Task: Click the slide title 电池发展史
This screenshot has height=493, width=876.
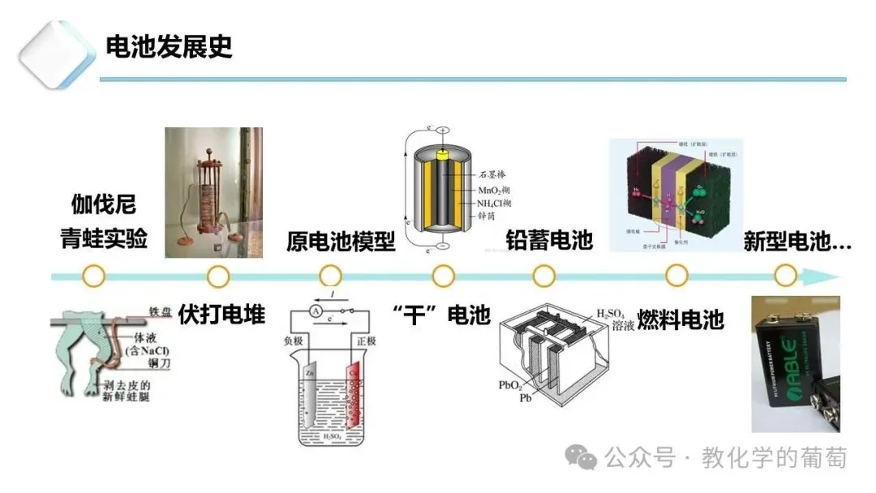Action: (170, 46)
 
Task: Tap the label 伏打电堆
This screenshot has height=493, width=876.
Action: (221, 314)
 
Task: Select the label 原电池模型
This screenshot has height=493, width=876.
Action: (341, 241)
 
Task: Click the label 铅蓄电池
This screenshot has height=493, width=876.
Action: (549, 240)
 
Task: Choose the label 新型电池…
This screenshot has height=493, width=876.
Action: (797, 240)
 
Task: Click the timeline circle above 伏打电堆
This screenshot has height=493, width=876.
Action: (218, 277)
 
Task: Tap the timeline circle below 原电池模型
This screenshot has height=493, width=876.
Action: (330, 277)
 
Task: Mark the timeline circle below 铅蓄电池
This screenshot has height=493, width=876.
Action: (544, 277)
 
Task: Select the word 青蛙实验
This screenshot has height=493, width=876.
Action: (104, 238)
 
